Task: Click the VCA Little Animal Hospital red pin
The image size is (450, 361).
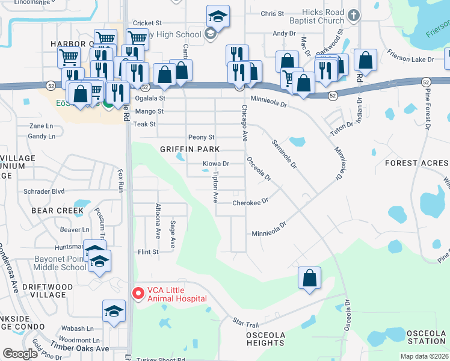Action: (137, 294)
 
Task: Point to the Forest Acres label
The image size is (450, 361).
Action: (416, 163)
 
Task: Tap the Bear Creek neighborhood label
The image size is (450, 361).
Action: (57, 211)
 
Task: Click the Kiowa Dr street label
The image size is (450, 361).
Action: (216, 164)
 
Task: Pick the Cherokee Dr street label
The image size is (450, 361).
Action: (250, 203)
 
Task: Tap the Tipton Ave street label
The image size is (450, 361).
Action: (215, 187)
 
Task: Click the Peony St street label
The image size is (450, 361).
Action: (201, 137)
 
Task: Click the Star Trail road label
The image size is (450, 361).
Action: (245, 324)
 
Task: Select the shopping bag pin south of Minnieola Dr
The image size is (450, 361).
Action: (309, 279)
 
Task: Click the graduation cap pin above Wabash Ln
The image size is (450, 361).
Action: (114, 311)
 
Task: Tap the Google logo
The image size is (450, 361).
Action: (20, 354)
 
